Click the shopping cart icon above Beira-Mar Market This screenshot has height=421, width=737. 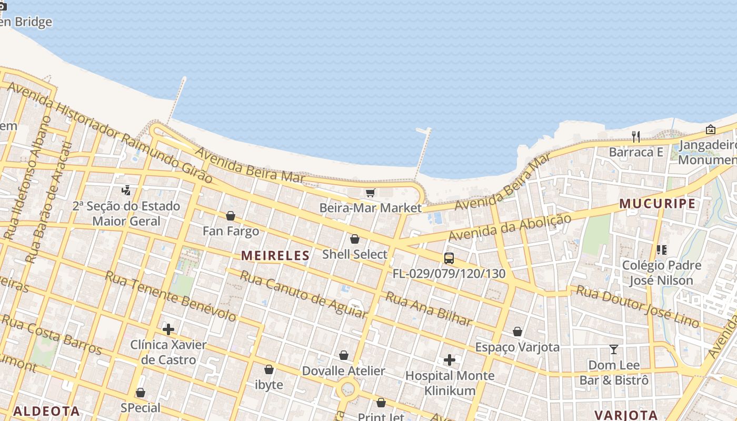click(370, 193)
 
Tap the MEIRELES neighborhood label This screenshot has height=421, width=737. click(275, 256)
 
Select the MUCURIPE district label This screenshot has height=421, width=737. click(657, 204)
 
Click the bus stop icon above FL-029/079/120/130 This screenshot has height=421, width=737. click(449, 258)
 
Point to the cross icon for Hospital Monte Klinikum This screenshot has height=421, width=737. click(450, 360)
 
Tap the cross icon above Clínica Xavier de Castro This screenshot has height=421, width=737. click(168, 330)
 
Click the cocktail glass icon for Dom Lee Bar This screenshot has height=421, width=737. click(614, 349)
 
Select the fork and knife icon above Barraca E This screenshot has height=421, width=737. click(636, 137)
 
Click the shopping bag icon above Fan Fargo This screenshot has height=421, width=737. click(231, 216)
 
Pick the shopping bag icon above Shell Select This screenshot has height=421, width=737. click(355, 239)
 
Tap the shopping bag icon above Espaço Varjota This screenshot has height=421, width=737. click(517, 332)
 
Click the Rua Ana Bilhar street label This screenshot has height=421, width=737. click(429, 308)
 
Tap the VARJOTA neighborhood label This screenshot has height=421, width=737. click(626, 415)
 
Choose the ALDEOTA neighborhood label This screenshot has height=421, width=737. click(46, 411)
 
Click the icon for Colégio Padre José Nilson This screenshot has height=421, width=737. click(662, 249)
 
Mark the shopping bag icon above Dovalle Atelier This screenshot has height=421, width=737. click(344, 356)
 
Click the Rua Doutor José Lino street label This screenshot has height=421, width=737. click(638, 306)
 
